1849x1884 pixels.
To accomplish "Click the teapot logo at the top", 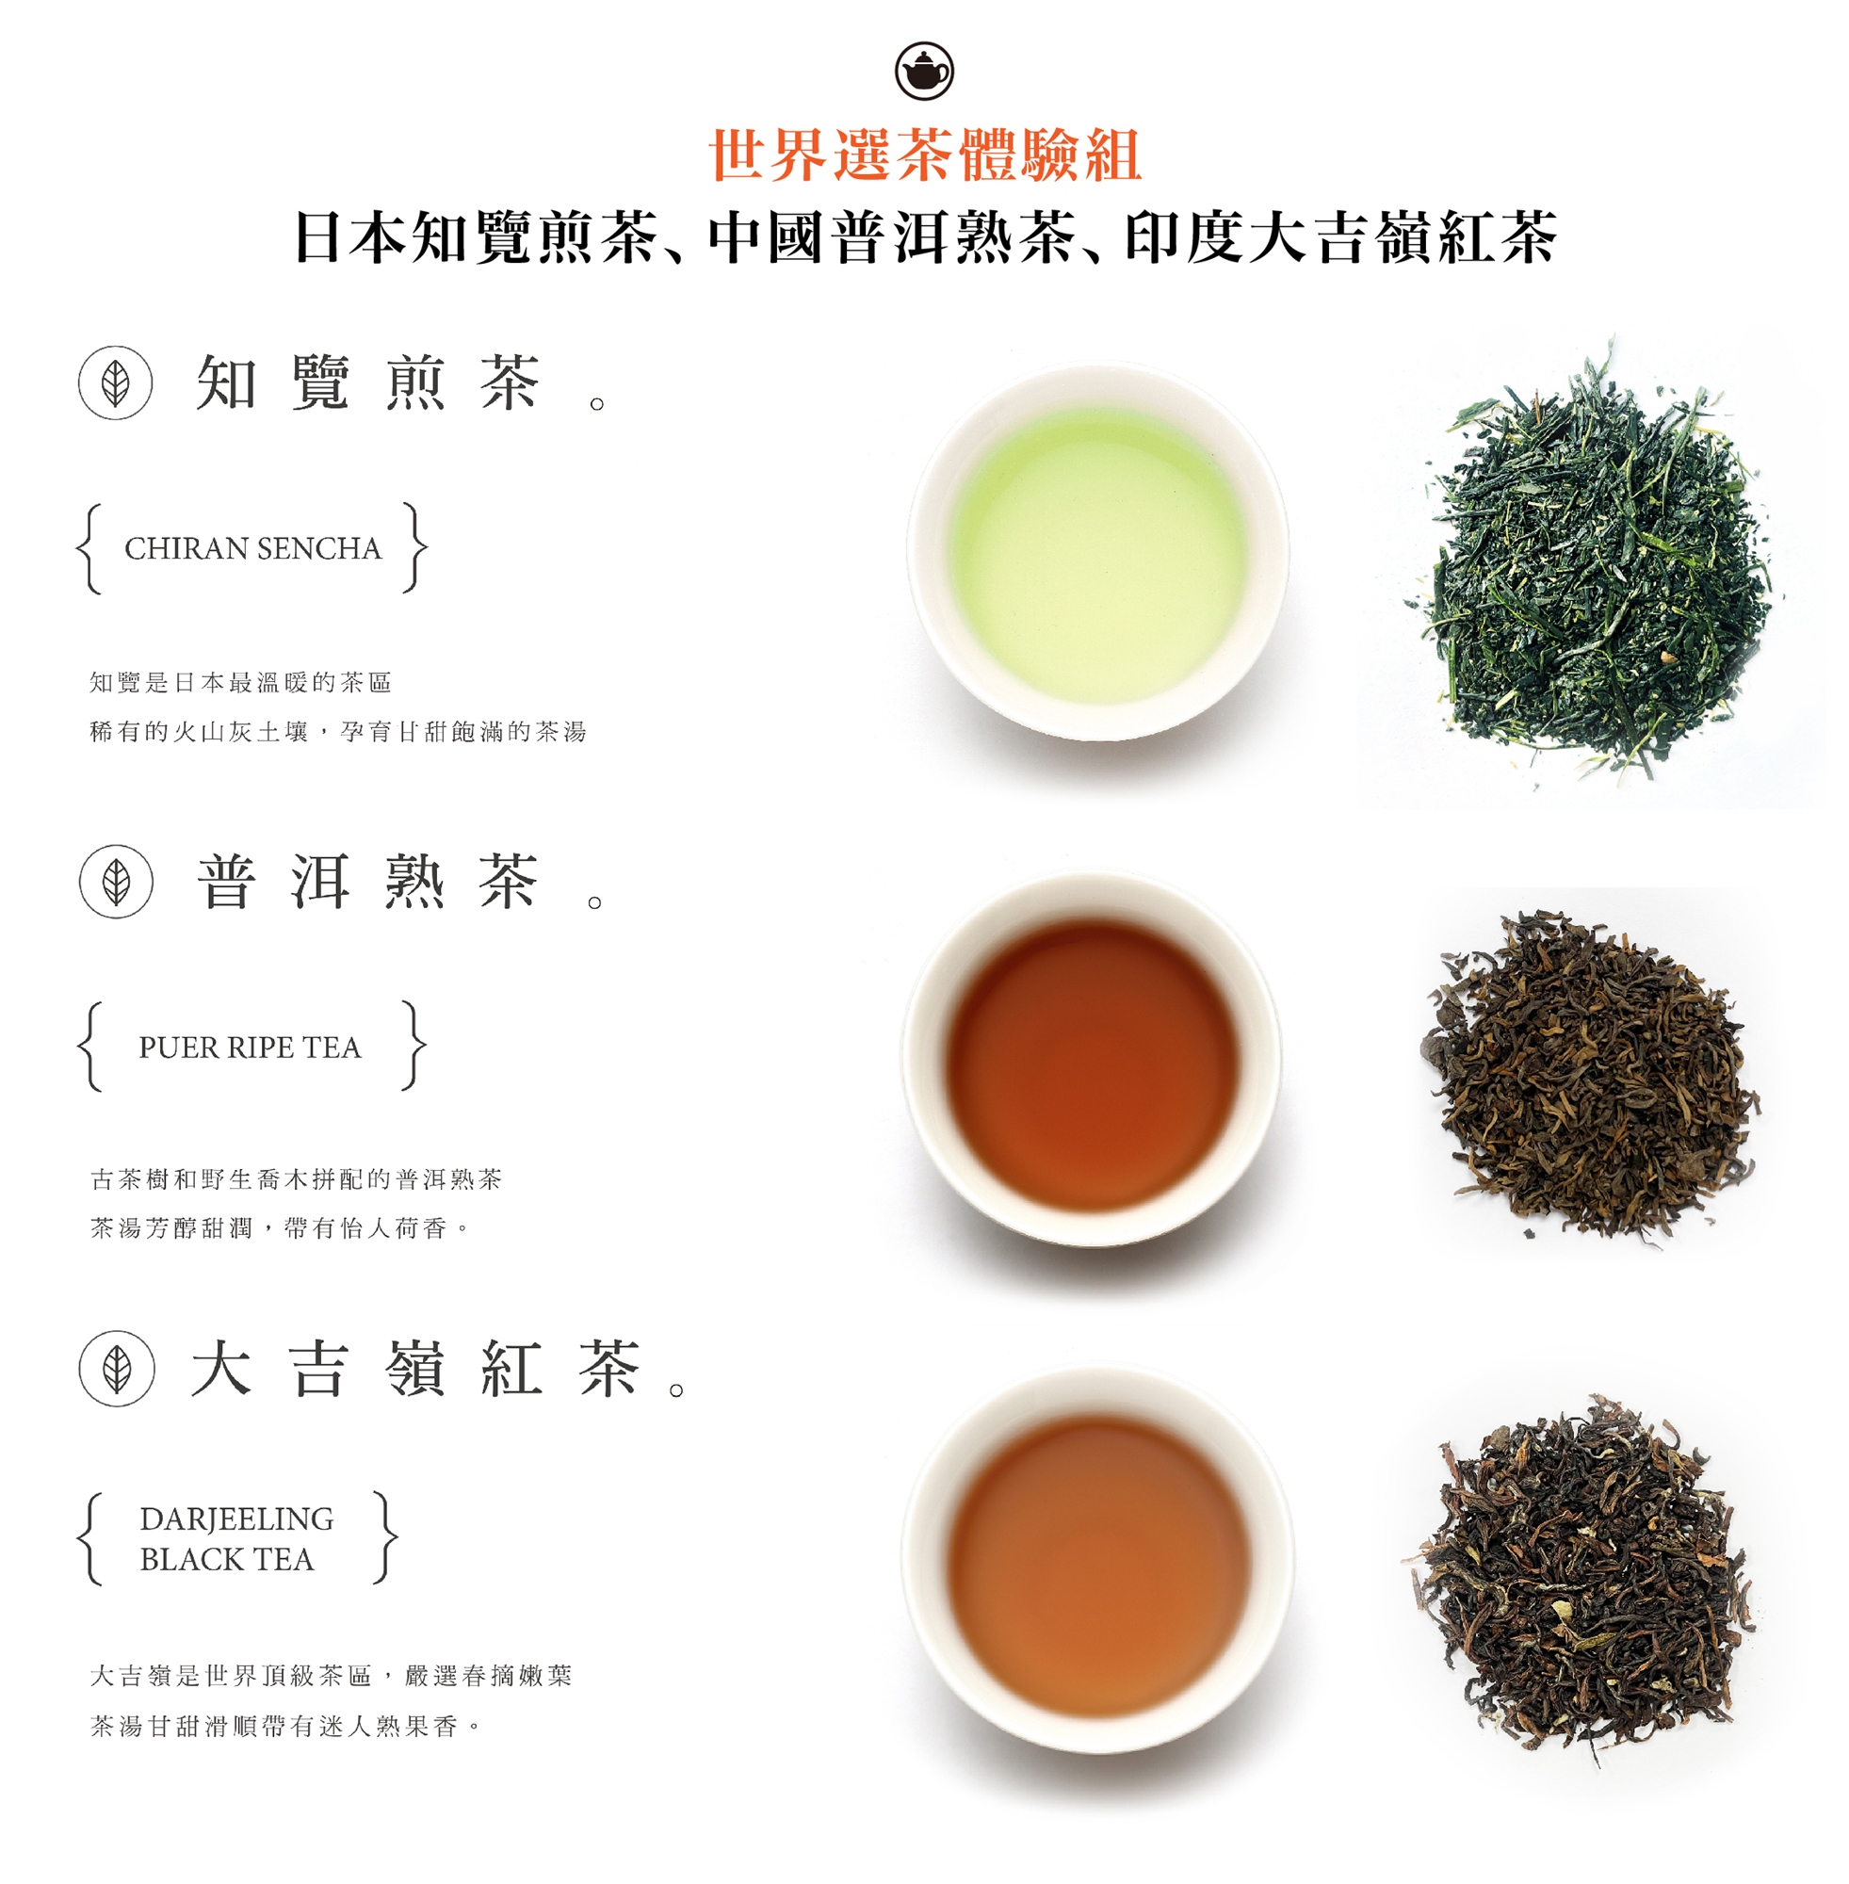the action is click(x=923, y=71).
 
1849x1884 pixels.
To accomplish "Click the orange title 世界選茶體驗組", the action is click(x=925, y=155).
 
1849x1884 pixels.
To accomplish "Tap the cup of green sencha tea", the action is click(x=1098, y=552).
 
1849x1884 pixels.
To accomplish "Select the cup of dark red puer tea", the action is click(x=1092, y=1059).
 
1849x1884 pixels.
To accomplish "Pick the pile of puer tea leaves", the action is click(x=1589, y=1076).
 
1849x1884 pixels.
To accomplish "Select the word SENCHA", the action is click(x=319, y=548).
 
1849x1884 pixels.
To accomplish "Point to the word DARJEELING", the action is click(x=237, y=1519).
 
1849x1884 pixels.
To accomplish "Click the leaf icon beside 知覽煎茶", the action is click(x=116, y=382).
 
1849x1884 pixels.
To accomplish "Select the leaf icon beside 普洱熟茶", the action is click(x=116, y=882).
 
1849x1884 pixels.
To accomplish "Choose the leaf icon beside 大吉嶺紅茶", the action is click(x=117, y=1369).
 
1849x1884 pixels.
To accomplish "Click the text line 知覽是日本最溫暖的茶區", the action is click(x=240, y=683).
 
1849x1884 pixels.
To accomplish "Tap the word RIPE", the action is click(x=260, y=1048).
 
